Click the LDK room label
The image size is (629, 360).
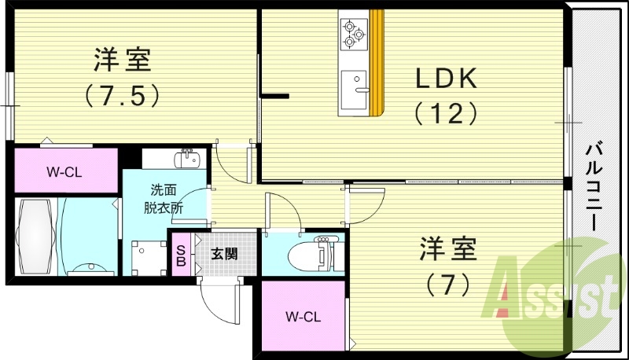446,79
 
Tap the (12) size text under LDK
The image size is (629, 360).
446,114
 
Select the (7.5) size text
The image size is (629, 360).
123,94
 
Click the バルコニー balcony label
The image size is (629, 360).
594,186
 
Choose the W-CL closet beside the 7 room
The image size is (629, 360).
302,317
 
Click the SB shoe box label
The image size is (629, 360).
181,255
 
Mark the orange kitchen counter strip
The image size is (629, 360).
377,63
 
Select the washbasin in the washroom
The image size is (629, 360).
187,160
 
